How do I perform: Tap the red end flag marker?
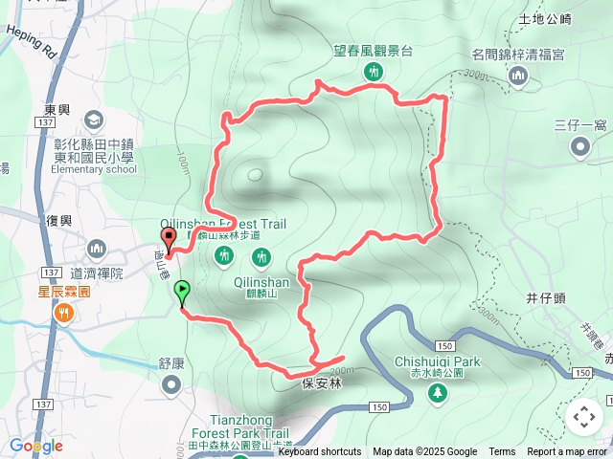(170, 240)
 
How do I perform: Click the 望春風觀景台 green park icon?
(372, 72)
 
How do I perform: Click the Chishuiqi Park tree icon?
(438, 392)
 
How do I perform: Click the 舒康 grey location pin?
(171, 384)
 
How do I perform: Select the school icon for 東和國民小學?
(94, 120)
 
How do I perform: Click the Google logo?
(35, 446)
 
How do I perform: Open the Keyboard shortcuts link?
(320, 452)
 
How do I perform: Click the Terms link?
(502, 452)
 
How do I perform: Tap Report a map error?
(567, 452)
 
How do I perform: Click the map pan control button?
(583, 417)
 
